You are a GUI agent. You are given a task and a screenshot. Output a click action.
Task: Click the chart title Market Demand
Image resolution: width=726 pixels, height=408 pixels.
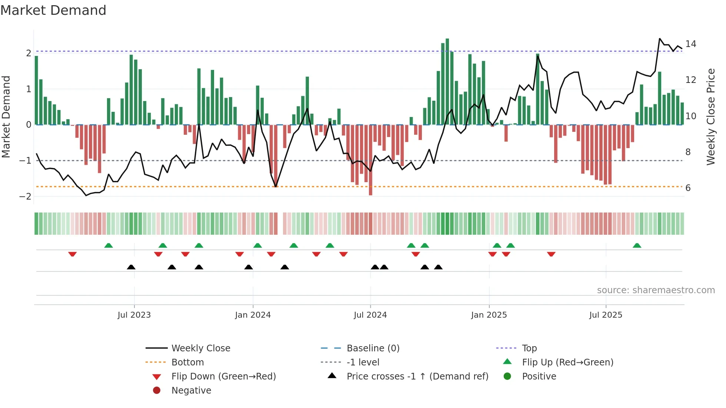pos(53,10)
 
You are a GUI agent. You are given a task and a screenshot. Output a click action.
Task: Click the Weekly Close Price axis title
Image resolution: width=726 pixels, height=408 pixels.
pos(710,117)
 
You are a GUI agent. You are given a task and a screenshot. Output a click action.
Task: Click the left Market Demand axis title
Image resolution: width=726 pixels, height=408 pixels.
pos(6,117)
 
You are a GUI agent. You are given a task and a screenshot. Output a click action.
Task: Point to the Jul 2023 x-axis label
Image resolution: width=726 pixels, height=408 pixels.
pos(134,315)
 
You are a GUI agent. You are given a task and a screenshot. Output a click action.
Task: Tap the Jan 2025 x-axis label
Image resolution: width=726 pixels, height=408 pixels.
pos(489,315)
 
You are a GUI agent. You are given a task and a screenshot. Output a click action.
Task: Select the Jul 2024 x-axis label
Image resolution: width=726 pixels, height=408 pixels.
pos(370,315)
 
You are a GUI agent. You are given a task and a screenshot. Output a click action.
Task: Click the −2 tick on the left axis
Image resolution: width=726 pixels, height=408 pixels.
pos(26,197)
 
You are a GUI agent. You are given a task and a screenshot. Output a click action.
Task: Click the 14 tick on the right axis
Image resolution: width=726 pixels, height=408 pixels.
pos(691,44)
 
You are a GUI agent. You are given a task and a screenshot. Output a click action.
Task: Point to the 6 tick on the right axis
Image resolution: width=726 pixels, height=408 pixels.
pos(688,188)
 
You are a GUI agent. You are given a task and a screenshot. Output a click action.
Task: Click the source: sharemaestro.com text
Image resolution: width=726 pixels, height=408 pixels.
pos(656,290)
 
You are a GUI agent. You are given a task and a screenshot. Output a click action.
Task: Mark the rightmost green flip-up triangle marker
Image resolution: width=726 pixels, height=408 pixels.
pos(637,245)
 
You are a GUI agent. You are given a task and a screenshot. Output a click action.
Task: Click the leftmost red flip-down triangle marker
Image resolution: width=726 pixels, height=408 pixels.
pos(73,254)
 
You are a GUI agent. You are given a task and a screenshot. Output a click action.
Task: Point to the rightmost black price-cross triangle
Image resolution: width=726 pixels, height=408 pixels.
pos(438,267)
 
